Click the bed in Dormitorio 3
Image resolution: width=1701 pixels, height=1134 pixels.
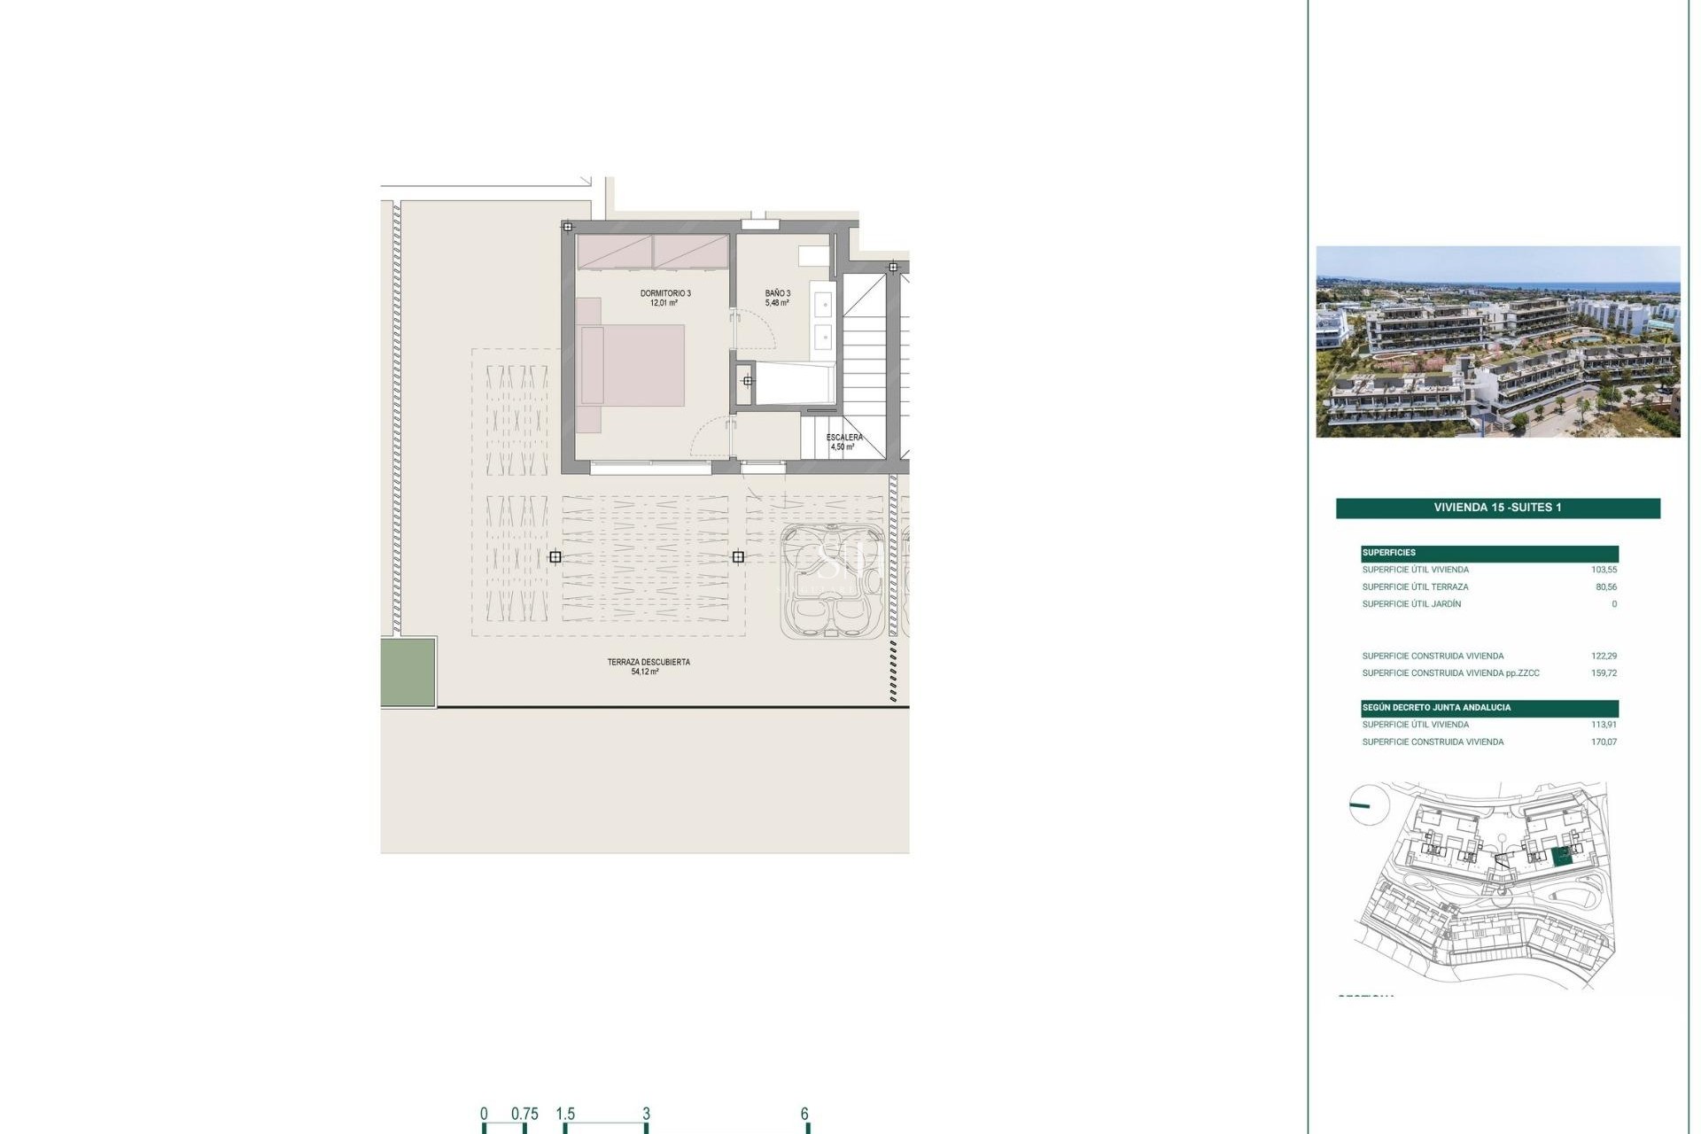(631, 366)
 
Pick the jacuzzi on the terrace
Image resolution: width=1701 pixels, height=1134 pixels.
(831, 582)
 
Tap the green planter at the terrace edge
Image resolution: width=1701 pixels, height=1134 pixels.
(408, 672)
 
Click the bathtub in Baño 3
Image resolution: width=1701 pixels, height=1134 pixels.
(795, 384)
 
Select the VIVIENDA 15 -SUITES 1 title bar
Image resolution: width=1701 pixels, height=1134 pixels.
(1497, 508)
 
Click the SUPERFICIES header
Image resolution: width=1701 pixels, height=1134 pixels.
(1389, 553)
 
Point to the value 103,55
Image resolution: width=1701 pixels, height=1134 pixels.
(1604, 570)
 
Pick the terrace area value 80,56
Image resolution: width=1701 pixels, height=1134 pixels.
(1605, 586)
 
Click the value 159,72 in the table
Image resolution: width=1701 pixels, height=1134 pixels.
(1604, 673)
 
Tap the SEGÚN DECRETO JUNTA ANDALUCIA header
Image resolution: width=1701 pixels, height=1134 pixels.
(1436, 708)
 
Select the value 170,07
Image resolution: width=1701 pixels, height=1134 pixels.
(1604, 742)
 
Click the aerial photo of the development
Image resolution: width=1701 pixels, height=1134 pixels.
(1497, 342)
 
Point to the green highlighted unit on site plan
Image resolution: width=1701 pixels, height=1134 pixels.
(1563, 856)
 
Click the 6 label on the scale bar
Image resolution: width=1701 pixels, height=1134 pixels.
(804, 1114)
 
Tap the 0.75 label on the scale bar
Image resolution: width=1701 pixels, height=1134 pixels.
(524, 1114)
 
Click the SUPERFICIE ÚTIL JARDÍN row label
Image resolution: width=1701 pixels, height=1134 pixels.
(1411, 604)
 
